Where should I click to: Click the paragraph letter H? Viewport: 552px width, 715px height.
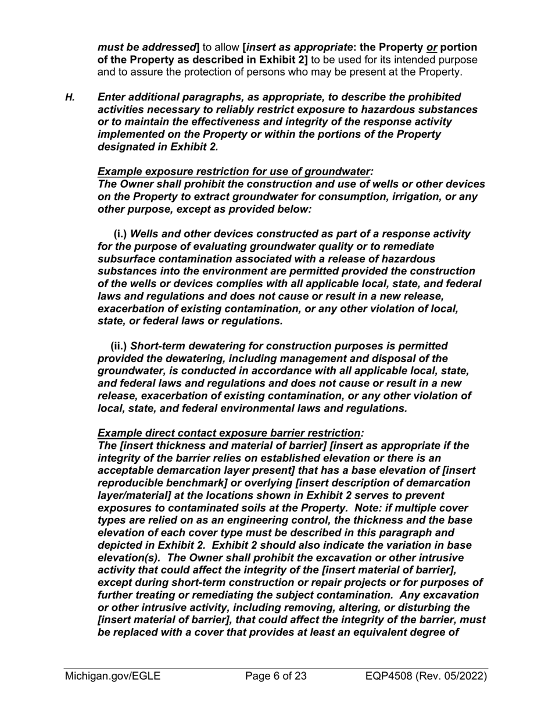(70, 97)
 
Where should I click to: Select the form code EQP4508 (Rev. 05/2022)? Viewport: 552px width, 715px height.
(426, 676)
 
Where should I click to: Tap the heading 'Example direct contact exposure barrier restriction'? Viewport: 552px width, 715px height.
(229, 433)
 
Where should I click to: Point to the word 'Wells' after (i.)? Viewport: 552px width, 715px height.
(147, 234)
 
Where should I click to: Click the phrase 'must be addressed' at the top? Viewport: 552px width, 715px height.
(146, 47)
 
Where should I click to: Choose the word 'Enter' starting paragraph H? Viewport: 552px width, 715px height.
(114, 97)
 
